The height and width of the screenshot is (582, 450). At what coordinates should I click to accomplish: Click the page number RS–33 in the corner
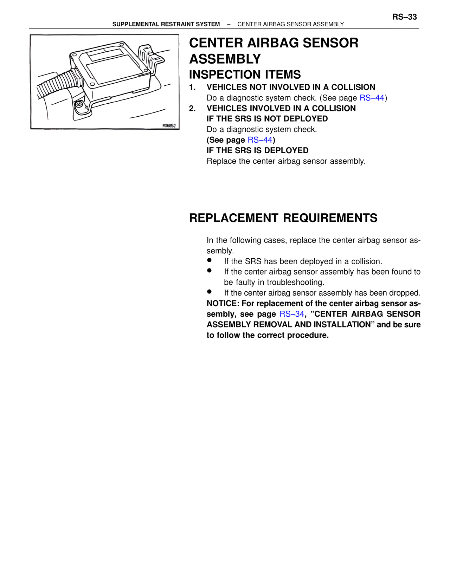tap(404, 17)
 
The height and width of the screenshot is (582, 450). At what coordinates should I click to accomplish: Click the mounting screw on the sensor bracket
tap(79, 104)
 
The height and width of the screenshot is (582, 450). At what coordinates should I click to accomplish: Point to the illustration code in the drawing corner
tap(169, 125)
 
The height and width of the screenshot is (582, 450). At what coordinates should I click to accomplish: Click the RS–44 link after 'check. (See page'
tap(372, 98)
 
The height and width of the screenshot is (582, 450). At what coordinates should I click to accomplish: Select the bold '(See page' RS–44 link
tap(260, 140)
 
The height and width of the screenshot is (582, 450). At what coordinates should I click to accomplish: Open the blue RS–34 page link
tap(291, 314)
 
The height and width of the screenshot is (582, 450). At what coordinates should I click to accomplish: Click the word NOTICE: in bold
tap(223, 304)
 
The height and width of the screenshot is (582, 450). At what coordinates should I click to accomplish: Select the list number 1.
tap(192, 88)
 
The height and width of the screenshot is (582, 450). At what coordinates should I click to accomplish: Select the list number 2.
tap(192, 109)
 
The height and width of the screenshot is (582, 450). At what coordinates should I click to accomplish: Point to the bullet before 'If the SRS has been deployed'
tap(209, 260)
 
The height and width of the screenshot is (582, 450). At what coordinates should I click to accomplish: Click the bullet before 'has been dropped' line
tap(209, 291)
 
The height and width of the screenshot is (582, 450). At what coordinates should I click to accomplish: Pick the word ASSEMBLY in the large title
tap(225, 59)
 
